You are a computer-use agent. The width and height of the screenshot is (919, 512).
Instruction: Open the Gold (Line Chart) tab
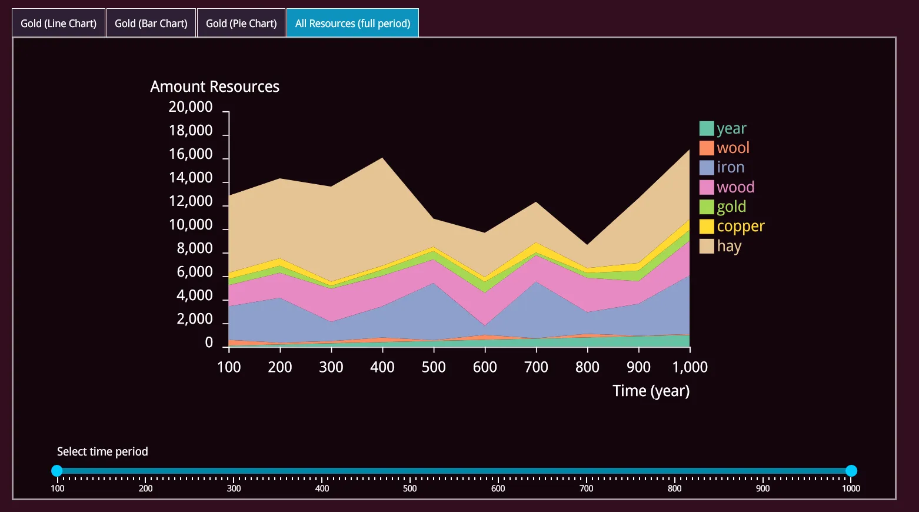[x=58, y=24]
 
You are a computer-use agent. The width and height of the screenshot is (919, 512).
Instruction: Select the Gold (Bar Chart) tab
[x=151, y=24]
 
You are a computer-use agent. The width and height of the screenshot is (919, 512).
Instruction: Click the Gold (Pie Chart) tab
[x=241, y=24]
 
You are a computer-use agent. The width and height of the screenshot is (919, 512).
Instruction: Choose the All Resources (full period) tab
[x=352, y=24]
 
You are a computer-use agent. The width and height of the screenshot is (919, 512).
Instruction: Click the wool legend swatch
[x=707, y=148]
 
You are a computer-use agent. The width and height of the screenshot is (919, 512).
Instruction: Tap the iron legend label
[x=730, y=168]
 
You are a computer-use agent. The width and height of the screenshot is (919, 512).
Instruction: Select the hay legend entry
[x=728, y=246]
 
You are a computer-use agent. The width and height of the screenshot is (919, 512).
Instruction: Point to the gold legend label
[x=731, y=207]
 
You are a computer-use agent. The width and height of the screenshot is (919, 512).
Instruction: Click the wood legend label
[x=735, y=187]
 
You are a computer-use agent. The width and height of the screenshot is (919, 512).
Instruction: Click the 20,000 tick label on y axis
[x=190, y=107]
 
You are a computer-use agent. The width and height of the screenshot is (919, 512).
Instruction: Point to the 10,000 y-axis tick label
[x=190, y=225]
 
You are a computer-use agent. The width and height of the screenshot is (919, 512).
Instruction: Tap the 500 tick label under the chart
[x=434, y=367]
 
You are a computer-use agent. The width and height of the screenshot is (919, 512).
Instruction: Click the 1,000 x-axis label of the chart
[x=690, y=367]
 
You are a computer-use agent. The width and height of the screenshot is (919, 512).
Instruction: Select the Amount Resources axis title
[x=215, y=87]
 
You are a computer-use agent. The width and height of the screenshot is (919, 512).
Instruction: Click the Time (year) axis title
[x=651, y=391]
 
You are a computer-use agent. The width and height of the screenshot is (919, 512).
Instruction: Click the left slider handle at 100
[x=57, y=471]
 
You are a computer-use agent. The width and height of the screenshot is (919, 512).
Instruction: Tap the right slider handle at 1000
[x=851, y=471]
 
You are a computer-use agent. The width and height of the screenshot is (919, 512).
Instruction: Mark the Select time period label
[x=102, y=451]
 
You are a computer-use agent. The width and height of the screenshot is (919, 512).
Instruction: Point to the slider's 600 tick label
[x=498, y=488]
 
